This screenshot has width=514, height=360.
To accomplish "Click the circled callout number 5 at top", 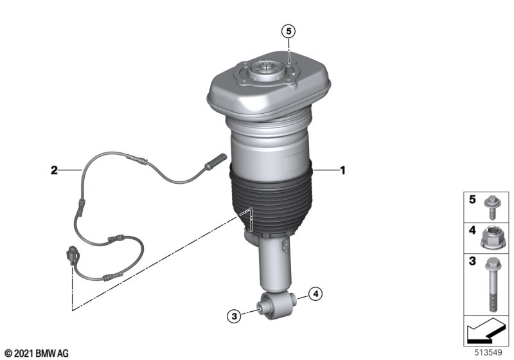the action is tap(288, 32).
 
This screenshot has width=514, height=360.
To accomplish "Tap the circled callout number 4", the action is tap(315, 294).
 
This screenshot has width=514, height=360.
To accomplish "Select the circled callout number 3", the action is tap(234, 316).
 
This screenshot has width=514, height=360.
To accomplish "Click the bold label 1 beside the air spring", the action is tap(343, 170).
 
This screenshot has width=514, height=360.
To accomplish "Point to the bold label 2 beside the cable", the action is tap(54, 170).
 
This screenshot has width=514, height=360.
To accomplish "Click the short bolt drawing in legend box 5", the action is tap(491, 208).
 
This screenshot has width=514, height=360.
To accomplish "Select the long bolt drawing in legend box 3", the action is tap(491, 284).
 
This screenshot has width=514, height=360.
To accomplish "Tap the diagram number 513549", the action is tap(488, 352).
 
